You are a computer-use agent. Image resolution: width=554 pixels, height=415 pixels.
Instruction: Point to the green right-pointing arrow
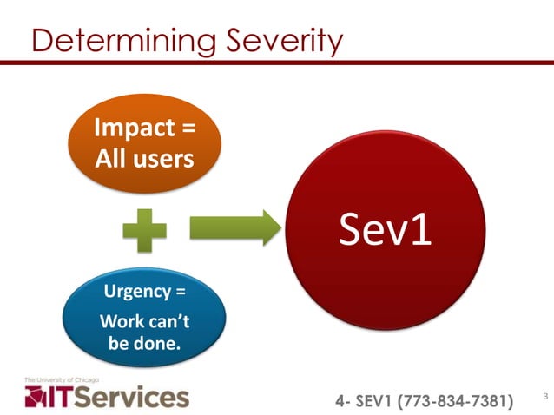click(x=234, y=229)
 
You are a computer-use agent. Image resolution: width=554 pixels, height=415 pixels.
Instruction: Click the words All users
click(x=144, y=161)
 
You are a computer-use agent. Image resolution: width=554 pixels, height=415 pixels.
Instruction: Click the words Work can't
click(x=144, y=321)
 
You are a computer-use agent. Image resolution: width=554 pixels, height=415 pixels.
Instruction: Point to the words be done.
click(x=144, y=343)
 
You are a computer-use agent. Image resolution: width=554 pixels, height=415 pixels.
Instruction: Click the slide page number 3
click(x=544, y=397)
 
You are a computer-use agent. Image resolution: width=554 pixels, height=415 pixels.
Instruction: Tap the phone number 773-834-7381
click(x=455, y=400)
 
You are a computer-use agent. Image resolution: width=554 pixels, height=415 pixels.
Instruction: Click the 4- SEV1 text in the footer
click(x=365, y=400)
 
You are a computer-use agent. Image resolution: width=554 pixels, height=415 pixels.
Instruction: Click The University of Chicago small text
click(x=62, y=380)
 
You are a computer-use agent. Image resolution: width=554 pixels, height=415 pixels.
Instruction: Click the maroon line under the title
click(x=277, y=63)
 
